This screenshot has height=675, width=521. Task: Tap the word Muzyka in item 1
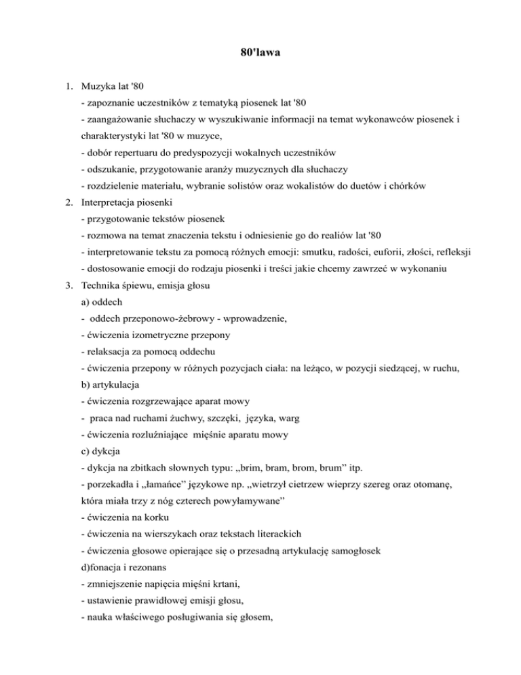(97, 86)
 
